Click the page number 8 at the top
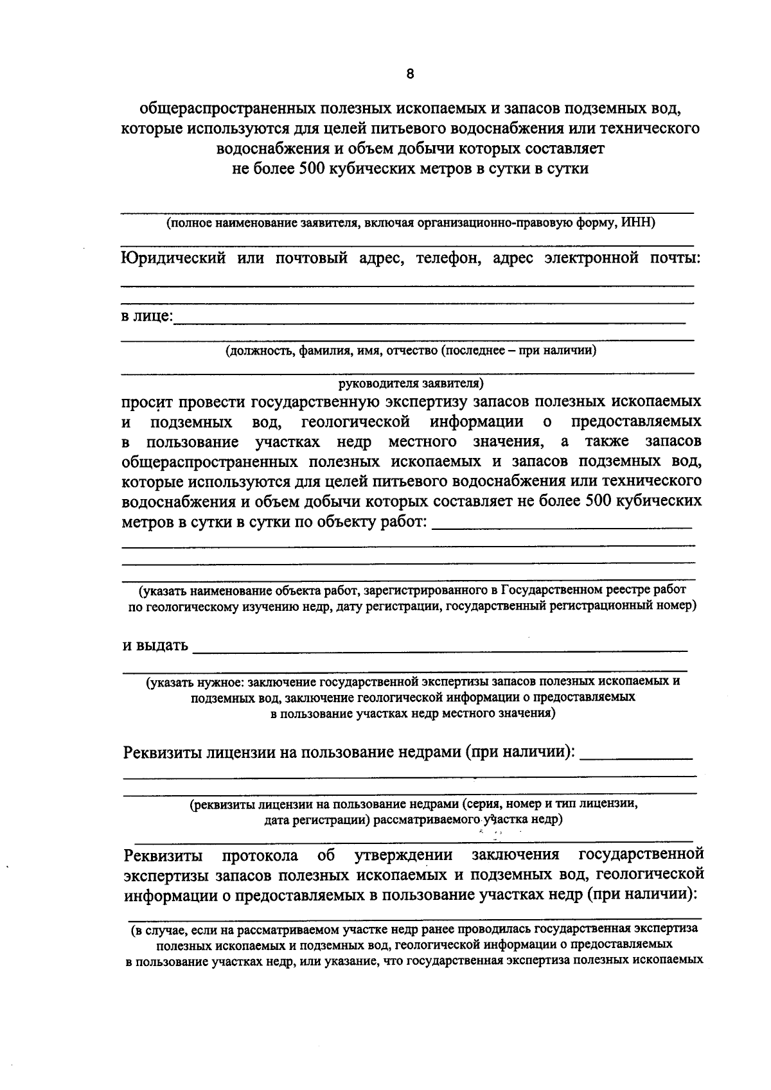click(411, 73)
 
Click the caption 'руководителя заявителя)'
click(411, 383)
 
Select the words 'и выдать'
click(155, 645)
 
